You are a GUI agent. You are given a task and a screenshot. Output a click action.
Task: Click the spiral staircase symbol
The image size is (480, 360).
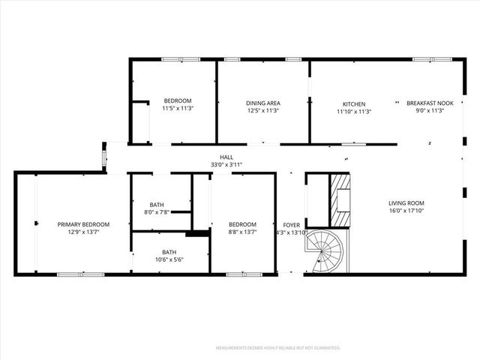click(x=328, y=252)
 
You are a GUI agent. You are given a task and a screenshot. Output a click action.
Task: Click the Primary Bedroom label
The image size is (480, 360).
click(x=84, y=224)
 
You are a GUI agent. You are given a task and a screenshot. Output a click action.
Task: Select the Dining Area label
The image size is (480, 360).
click(x=262, y=103)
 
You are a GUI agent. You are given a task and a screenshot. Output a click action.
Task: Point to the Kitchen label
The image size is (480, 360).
click(x=354, y=103)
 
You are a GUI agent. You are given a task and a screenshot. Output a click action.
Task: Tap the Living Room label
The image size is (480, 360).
click(x=406, y=203)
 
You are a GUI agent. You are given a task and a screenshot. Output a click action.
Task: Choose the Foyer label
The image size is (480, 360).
click(x=291, y=224)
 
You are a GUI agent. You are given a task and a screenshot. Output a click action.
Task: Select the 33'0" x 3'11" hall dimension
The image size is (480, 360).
click(x=226, y=165)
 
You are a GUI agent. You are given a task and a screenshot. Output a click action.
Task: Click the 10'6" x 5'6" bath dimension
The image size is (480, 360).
click(x=169, y=259)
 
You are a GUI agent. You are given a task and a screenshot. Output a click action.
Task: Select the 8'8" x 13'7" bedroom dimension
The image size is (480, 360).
click(x=242, y=232)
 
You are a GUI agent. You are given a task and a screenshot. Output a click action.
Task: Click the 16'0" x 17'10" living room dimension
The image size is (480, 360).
click(x=406, y=211)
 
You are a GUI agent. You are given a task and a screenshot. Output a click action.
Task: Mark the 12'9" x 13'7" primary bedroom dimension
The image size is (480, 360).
click(x=84, y=232)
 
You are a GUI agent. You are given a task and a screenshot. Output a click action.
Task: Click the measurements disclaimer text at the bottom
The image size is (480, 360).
click(x=277, y=348)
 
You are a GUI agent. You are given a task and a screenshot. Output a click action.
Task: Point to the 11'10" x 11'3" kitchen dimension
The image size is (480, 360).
click(x=354, y=111)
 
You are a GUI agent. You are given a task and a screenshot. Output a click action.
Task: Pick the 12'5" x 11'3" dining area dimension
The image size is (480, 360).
click(x=262, y=111)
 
